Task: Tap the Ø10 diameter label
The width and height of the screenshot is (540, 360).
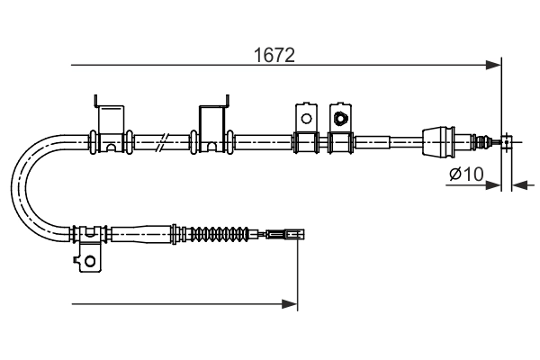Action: coord(464,174)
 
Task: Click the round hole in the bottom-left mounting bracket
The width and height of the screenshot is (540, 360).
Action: coord(89,261)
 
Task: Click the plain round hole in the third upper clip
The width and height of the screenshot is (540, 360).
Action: coord(305,117)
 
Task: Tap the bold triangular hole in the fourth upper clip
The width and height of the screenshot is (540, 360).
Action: coord(340,117)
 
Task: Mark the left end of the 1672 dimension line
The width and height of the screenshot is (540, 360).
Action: coord(71,65)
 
